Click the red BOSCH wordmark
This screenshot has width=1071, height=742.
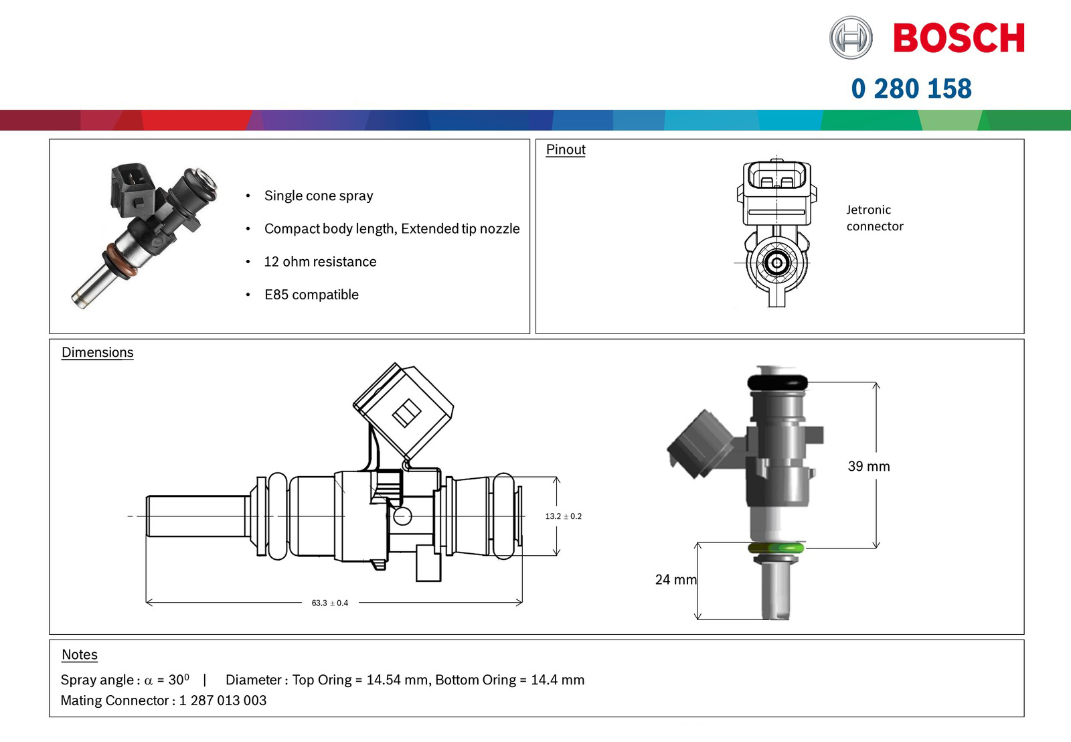959,38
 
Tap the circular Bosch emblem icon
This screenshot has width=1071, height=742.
851,38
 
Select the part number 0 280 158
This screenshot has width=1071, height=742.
911,88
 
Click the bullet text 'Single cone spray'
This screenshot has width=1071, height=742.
319,196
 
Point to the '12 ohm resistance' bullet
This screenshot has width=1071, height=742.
320,262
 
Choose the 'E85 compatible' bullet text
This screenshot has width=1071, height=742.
311,295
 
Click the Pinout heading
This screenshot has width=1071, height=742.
566,149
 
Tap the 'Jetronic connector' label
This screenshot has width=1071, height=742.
874,218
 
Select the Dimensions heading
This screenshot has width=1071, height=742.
98,352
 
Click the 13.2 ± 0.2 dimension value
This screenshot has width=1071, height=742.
563,516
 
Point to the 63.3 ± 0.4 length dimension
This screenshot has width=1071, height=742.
330,603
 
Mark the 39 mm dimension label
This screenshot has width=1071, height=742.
869,466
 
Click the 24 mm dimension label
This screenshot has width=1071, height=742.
675,579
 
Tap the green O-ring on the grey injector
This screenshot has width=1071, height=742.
776,548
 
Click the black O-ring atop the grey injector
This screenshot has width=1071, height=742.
777,382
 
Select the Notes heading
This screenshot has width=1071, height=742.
80,654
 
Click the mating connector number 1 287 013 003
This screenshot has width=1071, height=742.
223,700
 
